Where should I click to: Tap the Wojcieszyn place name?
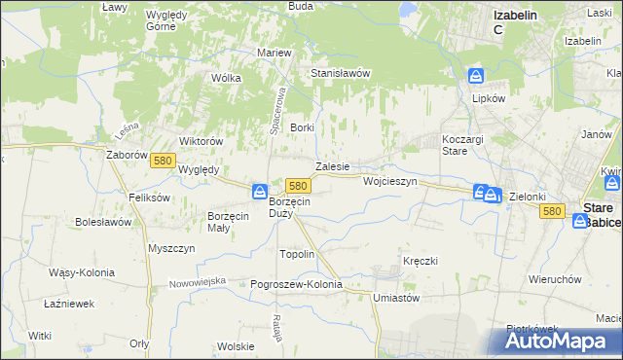pos(389,182)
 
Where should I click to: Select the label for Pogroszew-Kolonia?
pos(297,284)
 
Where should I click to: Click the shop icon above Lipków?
pos(476,76)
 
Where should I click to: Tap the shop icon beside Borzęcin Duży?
pos(260,192)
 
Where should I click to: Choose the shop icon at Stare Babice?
pos(580,222)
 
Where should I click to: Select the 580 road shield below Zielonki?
pos(553,210)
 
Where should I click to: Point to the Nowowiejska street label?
pos(197,281)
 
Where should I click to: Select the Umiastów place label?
pos(396,298)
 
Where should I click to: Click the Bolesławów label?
pos(103,222)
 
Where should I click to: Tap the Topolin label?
pos(297,254)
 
